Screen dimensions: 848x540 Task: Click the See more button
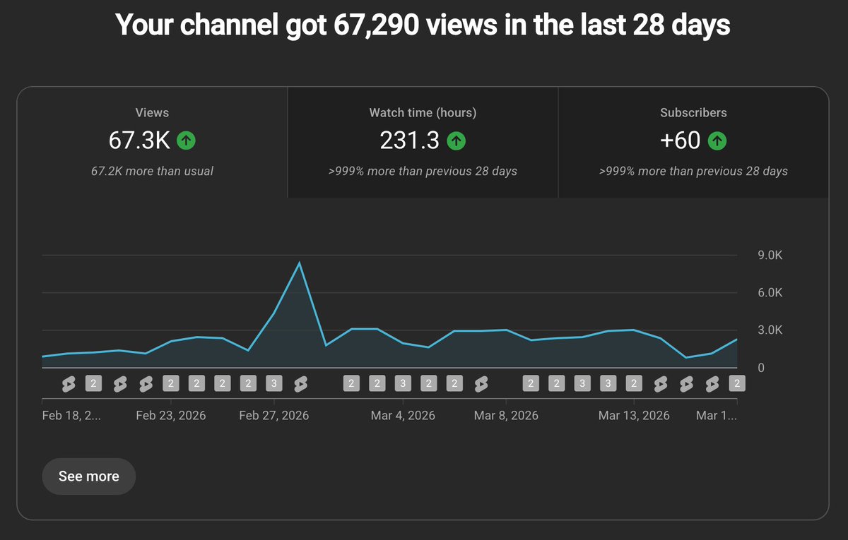pos(88,476)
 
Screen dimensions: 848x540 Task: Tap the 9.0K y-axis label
pos(770,256)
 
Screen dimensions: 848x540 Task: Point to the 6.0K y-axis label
pos(770,293)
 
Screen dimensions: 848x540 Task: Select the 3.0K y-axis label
pos(770,330)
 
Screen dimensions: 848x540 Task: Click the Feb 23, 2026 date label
pos(171,416)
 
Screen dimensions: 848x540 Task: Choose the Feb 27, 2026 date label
pos(273,416)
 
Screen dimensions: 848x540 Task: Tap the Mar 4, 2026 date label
pos(403,416)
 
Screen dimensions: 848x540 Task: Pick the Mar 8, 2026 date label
pos(506,416)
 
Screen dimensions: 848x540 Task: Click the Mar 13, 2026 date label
pos(634,416)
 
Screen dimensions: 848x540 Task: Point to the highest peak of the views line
pos(300,262)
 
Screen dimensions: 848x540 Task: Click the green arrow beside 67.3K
pos(186,140)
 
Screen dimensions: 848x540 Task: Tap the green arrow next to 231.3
pos(457,140)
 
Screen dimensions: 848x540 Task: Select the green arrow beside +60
pos(717,140)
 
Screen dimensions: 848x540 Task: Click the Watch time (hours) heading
pos(423,113)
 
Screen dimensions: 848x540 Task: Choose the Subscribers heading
pos(693,113)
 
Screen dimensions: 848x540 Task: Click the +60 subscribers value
pos(680,140)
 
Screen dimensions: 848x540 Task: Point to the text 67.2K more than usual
pos(152,172)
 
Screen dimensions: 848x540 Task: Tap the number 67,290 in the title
pos(376,25)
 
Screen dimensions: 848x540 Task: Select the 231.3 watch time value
pos(409,140)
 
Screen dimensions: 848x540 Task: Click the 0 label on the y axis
pos(761,368)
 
